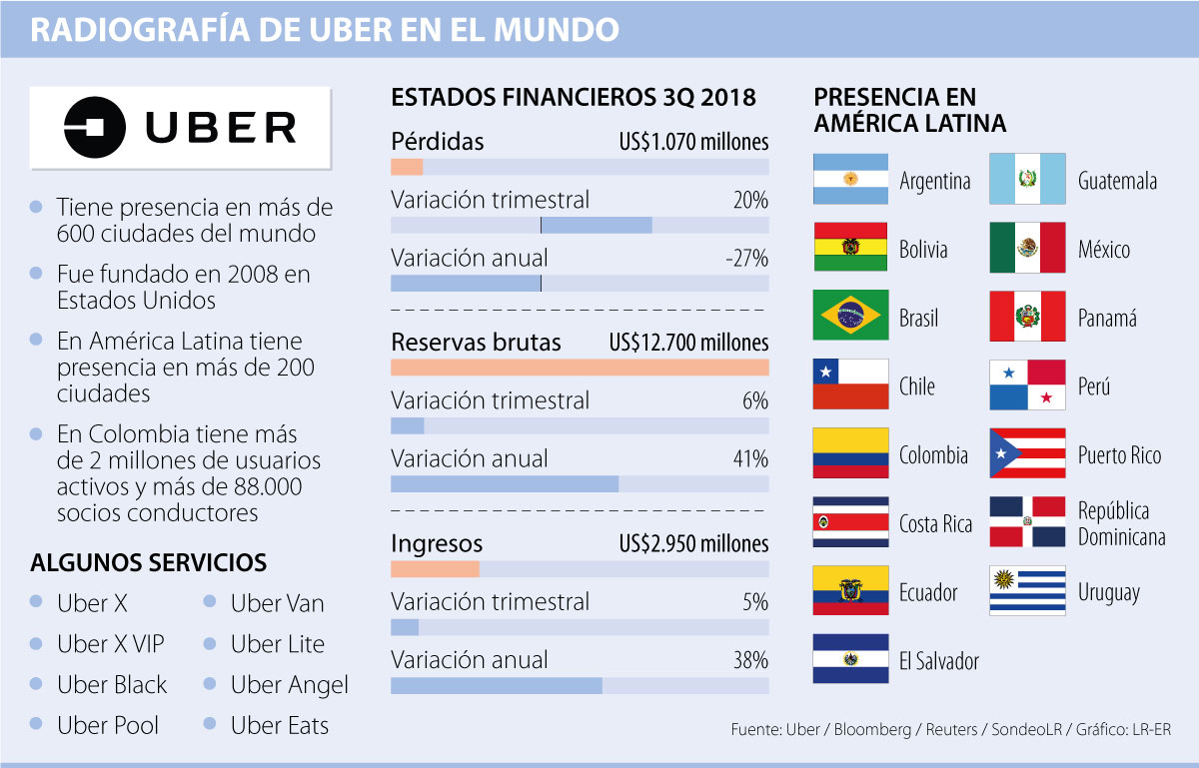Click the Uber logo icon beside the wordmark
pyautogui.click(x=96, y=128)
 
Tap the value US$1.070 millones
pyautogui.click(x=693, y=142)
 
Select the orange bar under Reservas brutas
pyautogui.click(x=580, y=368)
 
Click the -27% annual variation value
pyautogui.click(x=747, y=259)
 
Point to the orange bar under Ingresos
pyautogui.click(x=435, y=569)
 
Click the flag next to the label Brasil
pyautogui.click(x=850, y=316)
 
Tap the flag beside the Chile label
pyautogui.click(x=850, y=384)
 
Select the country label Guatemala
pyautogui.click(x=1117, y=181)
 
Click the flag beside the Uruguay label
pyautogui.click(x=1027, y=590)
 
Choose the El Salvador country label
pyautogui.click(x=939, y=661)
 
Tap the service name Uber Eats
pyautogui.click(x=280, y=726)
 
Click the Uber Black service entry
pyautogui.click(x=112, y=685)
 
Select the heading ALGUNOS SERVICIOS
pyautogui.click(x=149, y=562)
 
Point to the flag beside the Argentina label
pyautogui.click(x=850, y=179)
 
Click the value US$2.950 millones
pyautogui.click(x=693, y=544)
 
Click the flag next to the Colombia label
pyautogui.click(x=850, y=453)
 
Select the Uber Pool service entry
pyautogui.click(x=108, y=726)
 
